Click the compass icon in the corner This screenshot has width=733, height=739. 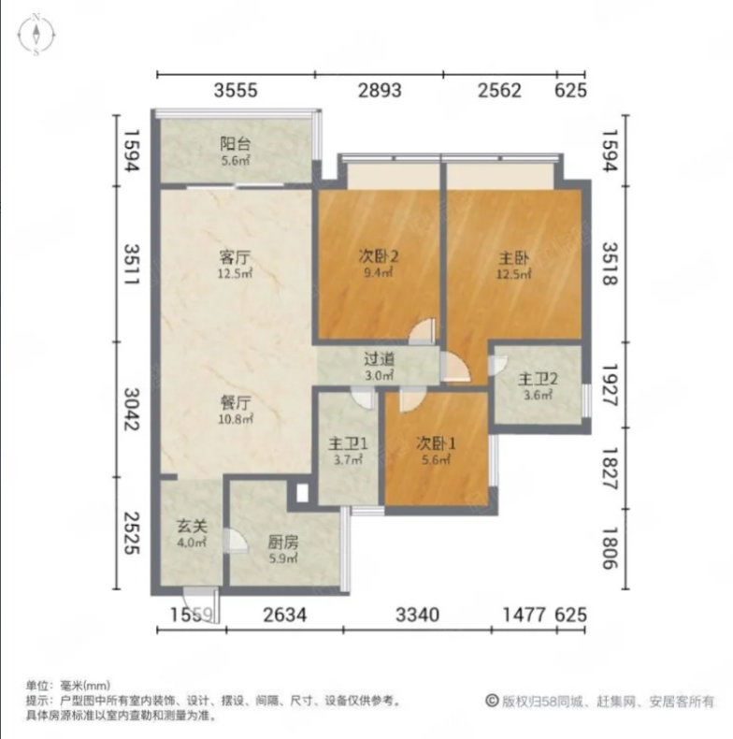pyautogui.click(x=36, y=35)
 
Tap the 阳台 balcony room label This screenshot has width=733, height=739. pyautogui.click(x=235, y=144)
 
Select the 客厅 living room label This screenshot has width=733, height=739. pyautogui.click(x=235, y=257)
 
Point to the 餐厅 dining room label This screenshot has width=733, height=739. pyautogui.click(x=236, y=403)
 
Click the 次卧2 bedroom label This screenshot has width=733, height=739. pyautogui.click(x=379, y=256)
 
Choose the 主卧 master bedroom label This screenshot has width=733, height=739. pyautogui.click(x=513, y=258)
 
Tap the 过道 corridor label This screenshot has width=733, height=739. pyautogui.click(x=379, y=359)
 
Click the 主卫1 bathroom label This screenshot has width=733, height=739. pyautogui.click(x=348, y=443)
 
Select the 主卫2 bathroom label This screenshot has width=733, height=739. pyautogui.click(x=538, y=379)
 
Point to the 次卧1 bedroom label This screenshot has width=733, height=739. pyautogui.click(x=436, y=443)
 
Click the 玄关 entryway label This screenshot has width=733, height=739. pyautogui.click(x=192, y=526)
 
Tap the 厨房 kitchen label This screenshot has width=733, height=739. pyautogui.click(x=283, y=543)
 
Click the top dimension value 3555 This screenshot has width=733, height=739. pyautogui.click(x=236, y=90)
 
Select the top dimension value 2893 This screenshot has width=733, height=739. pyautogui.click(x=380, y=90)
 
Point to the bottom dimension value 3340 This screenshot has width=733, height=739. pyautogui.click(x=417, y=615)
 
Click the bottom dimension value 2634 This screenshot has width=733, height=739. pyautogui.click(x=284, y=615)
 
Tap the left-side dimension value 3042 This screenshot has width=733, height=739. pyautogui.click(x=132, y=409)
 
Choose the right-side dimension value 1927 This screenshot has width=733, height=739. pyautogui.click(x=610, y=385)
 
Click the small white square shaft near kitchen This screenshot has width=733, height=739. pyautogui.click(x=302, y=493)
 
